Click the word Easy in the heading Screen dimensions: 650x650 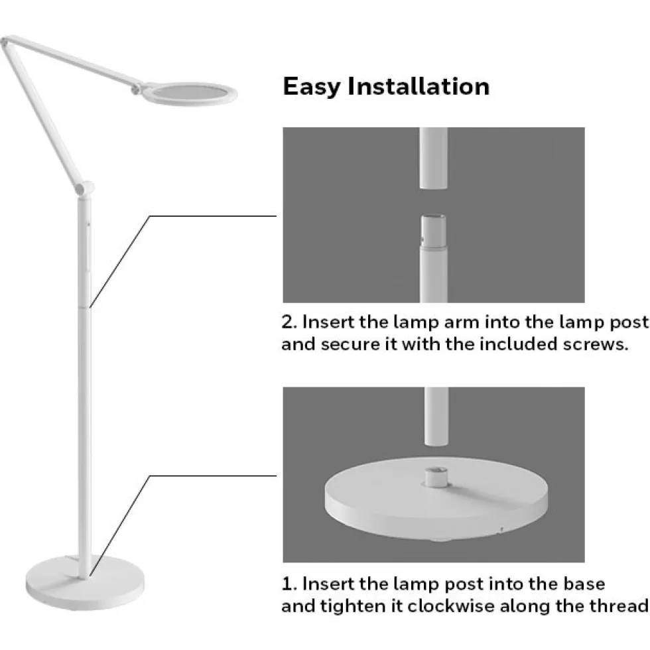pos(312,87)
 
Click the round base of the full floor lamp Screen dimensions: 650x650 pos(85,582)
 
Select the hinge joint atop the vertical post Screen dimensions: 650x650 pos(85,188)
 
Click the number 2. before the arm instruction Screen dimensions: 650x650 pos(289,322)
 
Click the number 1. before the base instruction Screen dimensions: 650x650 pos(289,584)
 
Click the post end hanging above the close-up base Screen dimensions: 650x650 pos(436,417)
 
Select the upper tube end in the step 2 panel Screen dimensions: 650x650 pos(433,159)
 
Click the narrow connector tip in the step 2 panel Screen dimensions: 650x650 pos(433,231)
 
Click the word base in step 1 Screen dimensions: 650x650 pos(584,584)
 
